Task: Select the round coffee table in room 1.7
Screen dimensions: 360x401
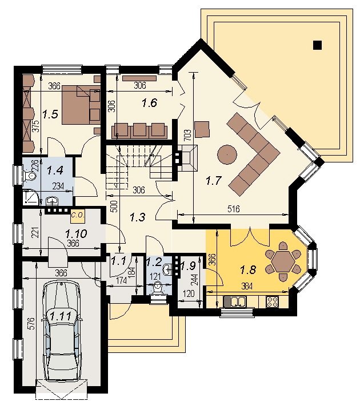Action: coord(227,154)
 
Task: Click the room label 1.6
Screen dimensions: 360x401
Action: coord(150,103)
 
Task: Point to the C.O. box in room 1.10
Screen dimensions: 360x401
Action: coord(78,217)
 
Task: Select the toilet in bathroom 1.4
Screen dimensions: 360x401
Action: coord(30,176)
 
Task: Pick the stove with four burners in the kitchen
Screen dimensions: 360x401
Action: coord(272,302)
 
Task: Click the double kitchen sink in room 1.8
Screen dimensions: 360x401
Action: coord(234,301)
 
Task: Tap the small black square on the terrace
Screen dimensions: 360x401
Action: coord(317,45)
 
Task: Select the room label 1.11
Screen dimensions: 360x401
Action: coord(61,316)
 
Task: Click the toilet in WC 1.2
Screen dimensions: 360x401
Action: coord(158,288)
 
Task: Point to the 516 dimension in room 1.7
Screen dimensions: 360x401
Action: coord(234,209)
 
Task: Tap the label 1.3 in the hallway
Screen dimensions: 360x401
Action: coord(138,217)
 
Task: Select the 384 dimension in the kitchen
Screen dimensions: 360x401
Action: coord(246,286)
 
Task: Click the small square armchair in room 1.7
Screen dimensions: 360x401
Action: coord(202,129)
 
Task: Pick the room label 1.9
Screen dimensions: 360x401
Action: coord(189,266)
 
